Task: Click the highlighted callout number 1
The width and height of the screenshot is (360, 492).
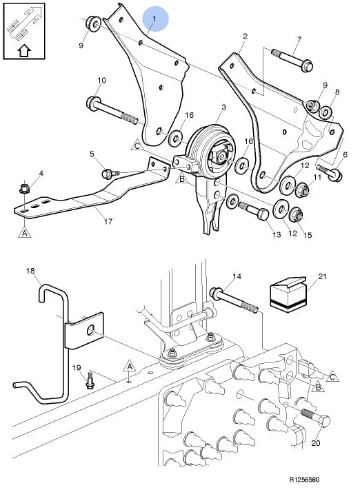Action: (154, 19)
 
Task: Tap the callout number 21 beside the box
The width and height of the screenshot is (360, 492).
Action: (322, 276)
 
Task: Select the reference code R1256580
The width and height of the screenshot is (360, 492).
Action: (303, 480)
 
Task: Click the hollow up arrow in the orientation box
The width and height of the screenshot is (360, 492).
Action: (24, 50)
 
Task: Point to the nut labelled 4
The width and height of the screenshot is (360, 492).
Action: (24, 189)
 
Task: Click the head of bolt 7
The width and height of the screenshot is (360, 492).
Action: (307, 65)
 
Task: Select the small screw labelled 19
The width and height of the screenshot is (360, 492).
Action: (89, 380)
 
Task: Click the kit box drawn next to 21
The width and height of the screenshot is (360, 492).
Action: (288, 295)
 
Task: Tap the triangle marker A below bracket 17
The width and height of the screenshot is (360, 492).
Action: (25, 232)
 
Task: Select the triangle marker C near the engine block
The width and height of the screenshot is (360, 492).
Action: (332, 376)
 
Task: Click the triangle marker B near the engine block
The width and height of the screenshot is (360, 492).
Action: (318, 387)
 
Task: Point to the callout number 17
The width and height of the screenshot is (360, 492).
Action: (108, 221)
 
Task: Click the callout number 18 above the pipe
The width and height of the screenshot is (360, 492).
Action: (30, 271)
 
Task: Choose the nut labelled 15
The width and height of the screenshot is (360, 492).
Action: (296, 214)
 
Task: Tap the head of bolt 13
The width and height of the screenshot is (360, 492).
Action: (263, 215)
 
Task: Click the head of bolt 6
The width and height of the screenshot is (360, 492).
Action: (336, 176)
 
